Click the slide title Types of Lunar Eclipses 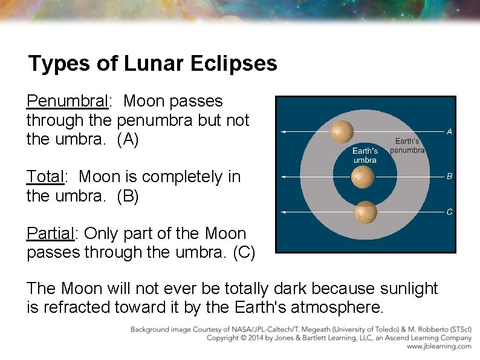point(152,64)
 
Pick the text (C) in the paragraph point(244,252)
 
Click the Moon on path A point(342,130)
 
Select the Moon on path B point(363,177)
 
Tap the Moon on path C point(365,212)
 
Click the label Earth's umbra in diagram point(365,155)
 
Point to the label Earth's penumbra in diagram point(407,145)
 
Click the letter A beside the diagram point(449,131)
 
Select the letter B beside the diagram point(449,177)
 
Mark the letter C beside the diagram point(449,212)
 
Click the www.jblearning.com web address point(438,347)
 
